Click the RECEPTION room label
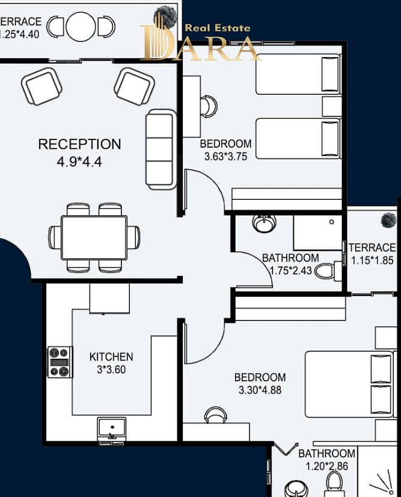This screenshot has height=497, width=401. click(x=79, y=144)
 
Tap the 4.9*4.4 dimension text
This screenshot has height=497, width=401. click(x=79, y=162)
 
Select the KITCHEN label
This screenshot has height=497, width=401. click(x=111, y=357)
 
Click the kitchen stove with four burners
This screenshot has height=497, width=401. click(x=60, y=362)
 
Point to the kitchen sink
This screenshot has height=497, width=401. click(x=111, y=428)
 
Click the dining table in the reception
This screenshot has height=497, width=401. click(x=94, y=238)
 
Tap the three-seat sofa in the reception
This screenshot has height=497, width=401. click(x=161, y=149)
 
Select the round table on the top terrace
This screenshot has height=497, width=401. click(x=81, y=26)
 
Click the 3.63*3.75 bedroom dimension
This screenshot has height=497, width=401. click(x=225, y=157)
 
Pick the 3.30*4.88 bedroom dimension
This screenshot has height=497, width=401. click(x=260, y=390)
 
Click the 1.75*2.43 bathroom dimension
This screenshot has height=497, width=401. click(x=290, y=270)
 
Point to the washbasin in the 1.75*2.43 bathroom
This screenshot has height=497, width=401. click(x=264, y=224)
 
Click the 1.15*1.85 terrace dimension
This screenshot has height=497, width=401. click(x=372, y=261)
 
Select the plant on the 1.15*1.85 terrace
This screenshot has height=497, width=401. click(x=388, y=220)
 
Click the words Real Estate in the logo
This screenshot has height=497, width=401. click(x=218, y=28)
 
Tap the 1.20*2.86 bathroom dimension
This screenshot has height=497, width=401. click(x=326, y=466)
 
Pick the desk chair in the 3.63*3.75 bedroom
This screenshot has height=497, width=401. click(x=209, y=106)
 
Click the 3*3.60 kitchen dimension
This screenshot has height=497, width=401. click(x=111, y=370)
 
